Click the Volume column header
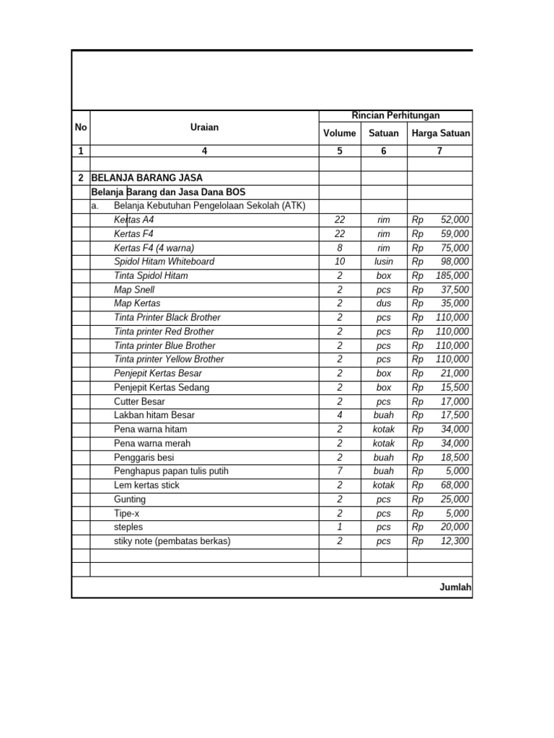pos(340,133)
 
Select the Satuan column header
pos(384,133)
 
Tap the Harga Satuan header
pos(441,133)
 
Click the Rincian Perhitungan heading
pos(395,115)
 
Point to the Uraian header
pos(204,128)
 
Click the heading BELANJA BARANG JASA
pos(147,177)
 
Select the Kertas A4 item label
pos(134,220)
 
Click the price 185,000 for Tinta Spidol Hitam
pos(452,275)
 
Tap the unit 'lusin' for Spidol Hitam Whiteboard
pos(384,262)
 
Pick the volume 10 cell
pos(340,262)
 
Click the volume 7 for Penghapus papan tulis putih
pos(340,471)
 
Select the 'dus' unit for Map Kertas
pos(384,303)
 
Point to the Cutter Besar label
pos(139,401)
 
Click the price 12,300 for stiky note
pos(455,541)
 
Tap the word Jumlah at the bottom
pos(455,587)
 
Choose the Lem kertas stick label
pos(146,485)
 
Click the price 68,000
pos(455,485)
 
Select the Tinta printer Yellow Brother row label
pos(169,359)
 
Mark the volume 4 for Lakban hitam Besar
pos(340,415)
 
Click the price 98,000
pos(455,262)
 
